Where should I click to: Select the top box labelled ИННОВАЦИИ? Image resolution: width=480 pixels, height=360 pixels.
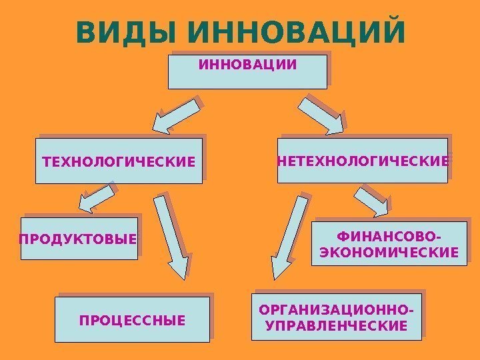(247, 71)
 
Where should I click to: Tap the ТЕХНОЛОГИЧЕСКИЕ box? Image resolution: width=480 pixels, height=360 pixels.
(119, 161)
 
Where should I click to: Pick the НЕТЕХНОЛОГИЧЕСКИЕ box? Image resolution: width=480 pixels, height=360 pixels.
(363, 161)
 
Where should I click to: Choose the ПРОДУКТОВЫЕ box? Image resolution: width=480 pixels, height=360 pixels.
(80, 238)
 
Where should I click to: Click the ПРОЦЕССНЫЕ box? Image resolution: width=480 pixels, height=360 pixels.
(132, 320)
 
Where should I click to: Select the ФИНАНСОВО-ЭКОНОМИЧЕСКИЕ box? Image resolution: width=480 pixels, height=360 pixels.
(389, 244)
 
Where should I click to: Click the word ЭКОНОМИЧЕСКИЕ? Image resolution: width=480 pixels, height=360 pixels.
(389, 253)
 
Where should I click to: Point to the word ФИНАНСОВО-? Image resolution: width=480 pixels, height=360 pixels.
(389, 236)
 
